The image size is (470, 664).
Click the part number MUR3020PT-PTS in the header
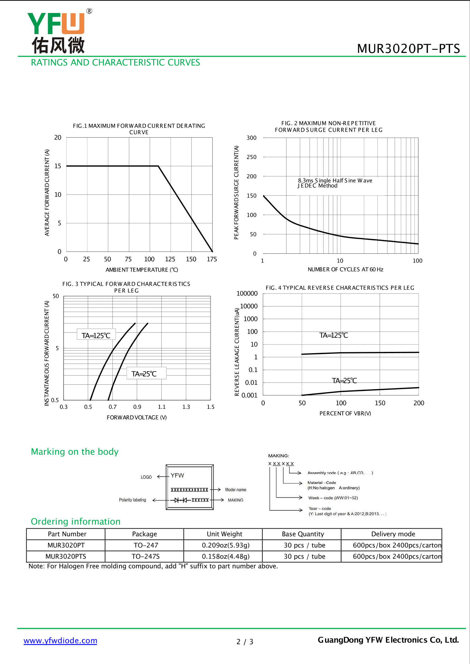(408, 49)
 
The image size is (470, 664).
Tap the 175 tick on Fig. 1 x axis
(212, 259)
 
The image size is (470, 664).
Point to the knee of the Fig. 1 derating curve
(158, 166)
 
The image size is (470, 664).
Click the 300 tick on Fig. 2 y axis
(251, 138)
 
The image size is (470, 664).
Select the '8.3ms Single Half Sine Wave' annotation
(335, 181)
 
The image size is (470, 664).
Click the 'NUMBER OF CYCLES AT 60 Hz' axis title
(345, 270)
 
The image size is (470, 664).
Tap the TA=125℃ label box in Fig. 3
(96, 335)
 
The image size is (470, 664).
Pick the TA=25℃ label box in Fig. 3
(144, 374)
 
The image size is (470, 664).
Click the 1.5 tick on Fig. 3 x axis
(210, 407)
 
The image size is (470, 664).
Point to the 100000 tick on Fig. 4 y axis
(247, 293)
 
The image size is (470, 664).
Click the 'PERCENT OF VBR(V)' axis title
(345, 413)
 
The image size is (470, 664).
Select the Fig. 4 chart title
(340, 288)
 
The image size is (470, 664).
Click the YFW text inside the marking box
(177, 475)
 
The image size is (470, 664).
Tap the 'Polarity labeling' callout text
(132, 500)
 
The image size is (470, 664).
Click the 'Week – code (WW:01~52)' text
(333, 498)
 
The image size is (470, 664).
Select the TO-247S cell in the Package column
(145, 556)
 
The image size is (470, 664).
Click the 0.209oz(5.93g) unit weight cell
(226, 545)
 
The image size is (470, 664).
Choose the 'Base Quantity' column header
(303, 534)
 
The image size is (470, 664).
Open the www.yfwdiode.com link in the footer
(60, 641)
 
